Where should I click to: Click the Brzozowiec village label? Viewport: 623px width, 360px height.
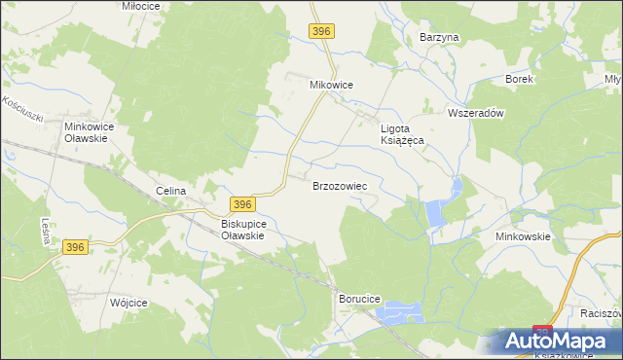click(x=339, y=185)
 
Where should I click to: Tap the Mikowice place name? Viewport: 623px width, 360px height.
click(x=331, y=85)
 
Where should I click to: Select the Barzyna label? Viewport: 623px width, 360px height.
click(x=439, y=37)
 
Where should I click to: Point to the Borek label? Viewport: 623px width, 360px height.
click(x=519, y=79)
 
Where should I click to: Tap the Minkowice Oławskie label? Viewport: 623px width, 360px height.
click(x=91, y=132)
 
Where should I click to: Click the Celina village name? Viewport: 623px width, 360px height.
click(x=170, y=191)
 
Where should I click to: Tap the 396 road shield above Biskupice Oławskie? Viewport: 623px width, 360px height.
click(x=243, y=203)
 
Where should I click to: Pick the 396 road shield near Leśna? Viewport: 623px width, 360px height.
click(x=77, y=248)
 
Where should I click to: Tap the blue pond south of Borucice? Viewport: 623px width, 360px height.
click(x=401, y=313)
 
